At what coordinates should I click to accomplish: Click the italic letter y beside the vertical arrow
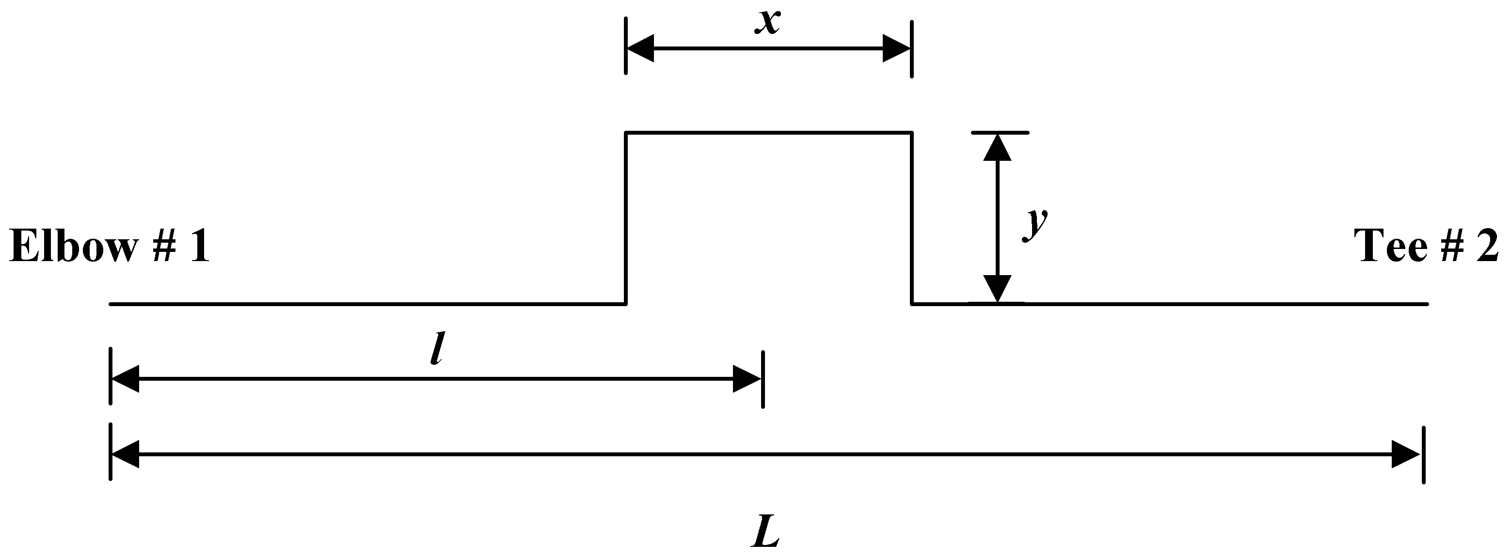click(x=1036, y=224)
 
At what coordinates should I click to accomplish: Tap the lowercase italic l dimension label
click(x=435, y=349)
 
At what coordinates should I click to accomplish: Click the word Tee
click(x=1390, y=246)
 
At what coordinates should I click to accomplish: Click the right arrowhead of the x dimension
click(x=897, y=48)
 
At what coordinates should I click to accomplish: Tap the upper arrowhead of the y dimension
click(x=997, y=148)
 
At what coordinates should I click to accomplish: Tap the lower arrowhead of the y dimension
click(x=997, y=288)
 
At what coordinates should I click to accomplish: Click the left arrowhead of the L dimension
click(x=125, y=454)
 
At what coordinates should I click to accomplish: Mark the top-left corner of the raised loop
click(x=626, y=133)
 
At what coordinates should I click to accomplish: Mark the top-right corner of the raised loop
click(x=911, y=133)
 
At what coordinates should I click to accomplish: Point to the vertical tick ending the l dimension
click(x=763, y=379)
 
